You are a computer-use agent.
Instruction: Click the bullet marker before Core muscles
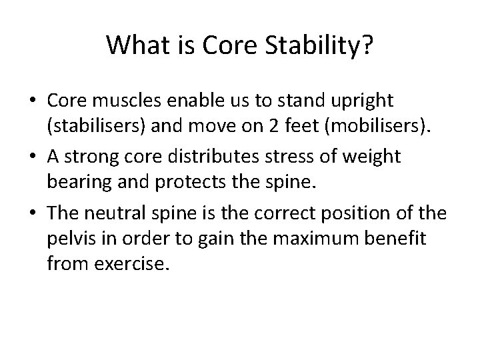(32, 101)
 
